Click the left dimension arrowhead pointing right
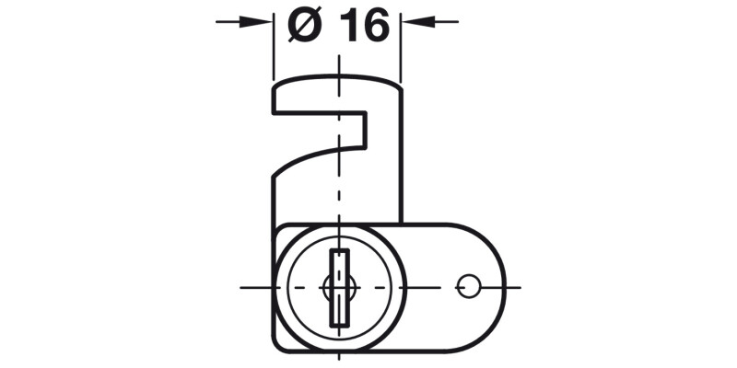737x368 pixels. tap(263, 20)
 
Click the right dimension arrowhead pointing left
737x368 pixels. tap(412, 20)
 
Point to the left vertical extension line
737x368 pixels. tap(273, 55)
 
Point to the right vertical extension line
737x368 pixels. tap(401, 55)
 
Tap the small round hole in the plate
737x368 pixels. tap(467, 287)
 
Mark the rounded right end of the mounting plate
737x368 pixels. tap(502, 287)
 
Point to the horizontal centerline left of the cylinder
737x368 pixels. tap(253, 287)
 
